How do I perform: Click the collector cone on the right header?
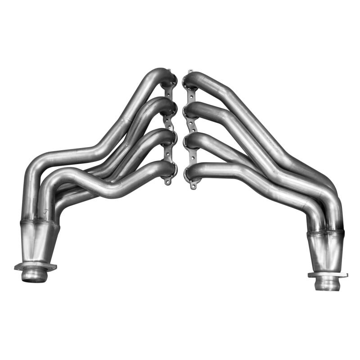pos(325,254)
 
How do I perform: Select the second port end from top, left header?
pos(170,106)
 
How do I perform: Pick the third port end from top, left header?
pos(170,137)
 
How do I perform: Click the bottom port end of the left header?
pos(170,168)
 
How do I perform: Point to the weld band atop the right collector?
pos(325,234)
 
